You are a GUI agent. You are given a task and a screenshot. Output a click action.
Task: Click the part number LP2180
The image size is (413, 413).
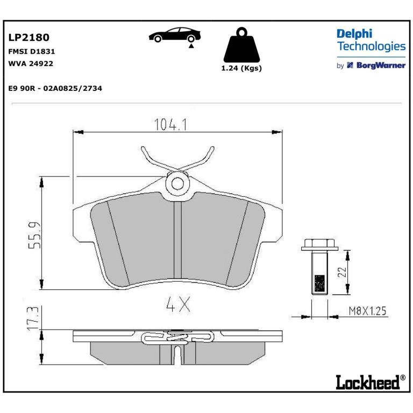point(29,38)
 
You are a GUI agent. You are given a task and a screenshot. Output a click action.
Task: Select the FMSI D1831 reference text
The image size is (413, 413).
point(32,52)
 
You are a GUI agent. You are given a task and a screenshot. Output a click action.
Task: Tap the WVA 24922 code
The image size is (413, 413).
point(31,63)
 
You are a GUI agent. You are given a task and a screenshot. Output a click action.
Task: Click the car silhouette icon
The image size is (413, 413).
point(175,35)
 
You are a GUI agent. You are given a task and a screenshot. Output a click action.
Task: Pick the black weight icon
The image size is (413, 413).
point(241,45)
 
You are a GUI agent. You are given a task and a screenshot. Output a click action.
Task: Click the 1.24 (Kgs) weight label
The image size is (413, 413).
point(241,68)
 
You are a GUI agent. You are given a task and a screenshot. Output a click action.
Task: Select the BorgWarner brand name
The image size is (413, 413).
point(381,65)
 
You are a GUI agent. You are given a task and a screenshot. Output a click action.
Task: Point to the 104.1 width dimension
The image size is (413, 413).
point(170,125)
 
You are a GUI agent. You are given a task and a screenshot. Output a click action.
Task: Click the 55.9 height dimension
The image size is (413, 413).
point(34,235)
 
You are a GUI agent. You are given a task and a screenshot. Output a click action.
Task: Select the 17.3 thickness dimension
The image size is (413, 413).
point(33,318)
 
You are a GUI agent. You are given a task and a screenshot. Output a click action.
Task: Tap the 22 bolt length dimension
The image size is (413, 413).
point(342,272)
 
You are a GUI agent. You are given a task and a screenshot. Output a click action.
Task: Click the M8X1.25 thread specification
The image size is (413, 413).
point(367,311)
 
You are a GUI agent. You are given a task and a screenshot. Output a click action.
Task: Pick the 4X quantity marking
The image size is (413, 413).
point(178,304)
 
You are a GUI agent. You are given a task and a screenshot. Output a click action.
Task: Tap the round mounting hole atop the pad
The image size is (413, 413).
point(177,183)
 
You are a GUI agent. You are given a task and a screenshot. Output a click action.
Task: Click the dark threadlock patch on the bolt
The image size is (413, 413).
point(319,283)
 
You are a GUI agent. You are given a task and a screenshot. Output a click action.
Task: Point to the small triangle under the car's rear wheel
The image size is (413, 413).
point(191,46)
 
